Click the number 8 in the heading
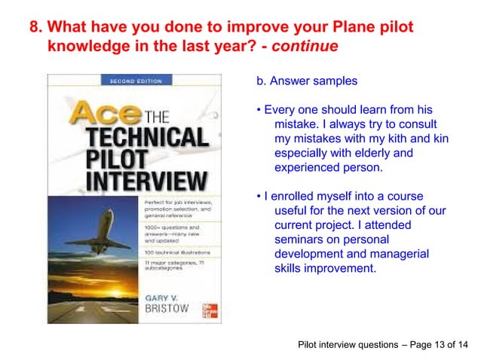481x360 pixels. click(x=35, y=28)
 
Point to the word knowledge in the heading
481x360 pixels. click(x=84, y=47)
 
